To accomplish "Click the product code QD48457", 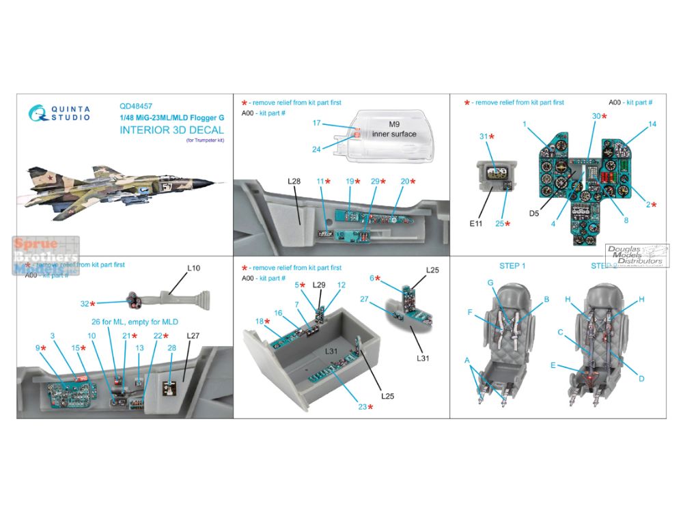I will click(136, 106).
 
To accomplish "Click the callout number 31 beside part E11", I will click(483, 137).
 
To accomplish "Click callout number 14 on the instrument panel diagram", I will click(652, 124).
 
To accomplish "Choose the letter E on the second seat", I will click(553, 365).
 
